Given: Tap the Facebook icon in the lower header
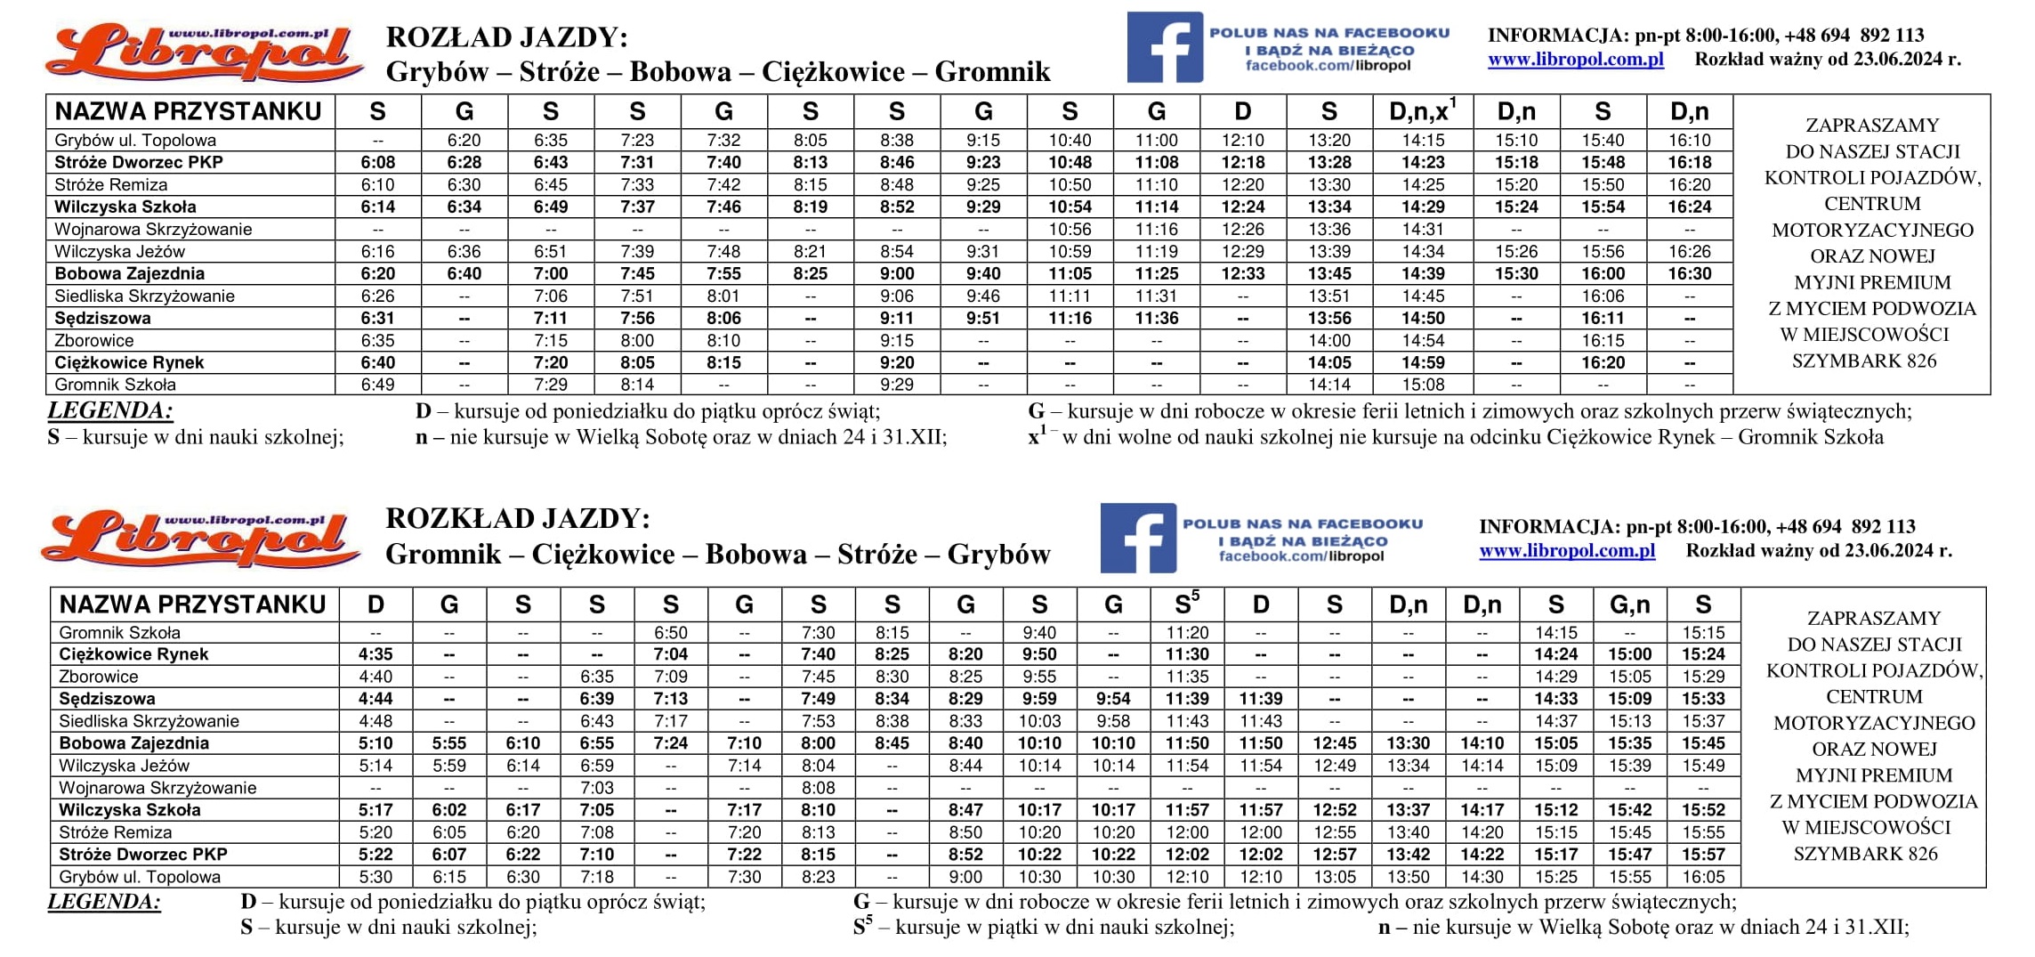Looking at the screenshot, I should pos(1137,538).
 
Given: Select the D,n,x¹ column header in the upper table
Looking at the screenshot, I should pos(1422,111).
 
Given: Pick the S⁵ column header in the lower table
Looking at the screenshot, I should pos(1187,604).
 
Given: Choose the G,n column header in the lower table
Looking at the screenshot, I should pos(1629,604).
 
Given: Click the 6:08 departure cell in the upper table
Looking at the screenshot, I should pos(377,162).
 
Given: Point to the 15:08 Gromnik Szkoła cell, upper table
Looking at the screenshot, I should pos(1422,385).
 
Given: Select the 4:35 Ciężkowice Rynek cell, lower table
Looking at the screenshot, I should pos(376,654).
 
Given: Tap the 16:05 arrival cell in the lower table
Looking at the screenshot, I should pos(1703,877).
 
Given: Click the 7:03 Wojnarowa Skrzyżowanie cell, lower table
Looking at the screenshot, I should pos(596,788).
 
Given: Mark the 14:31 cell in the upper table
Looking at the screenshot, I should pos(1422,229).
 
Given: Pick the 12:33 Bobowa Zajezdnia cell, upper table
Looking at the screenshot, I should pos(1242,273).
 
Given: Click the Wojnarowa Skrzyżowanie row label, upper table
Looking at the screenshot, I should pos(153,229).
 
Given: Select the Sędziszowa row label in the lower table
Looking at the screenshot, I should pos(107,699).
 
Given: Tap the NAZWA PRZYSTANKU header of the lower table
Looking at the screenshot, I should pos(192,604).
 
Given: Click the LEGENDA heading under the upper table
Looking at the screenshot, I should pos(110,410).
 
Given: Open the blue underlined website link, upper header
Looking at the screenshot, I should pos(1575,60).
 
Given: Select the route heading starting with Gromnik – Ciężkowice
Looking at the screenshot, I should pos(717,554).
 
